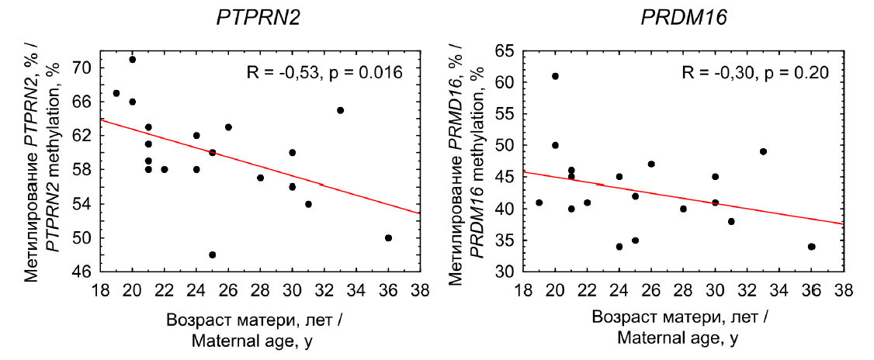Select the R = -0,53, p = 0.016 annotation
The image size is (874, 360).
point(324,74)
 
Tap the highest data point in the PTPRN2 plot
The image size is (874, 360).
point(133,59)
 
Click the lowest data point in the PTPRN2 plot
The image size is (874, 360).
point(213,254)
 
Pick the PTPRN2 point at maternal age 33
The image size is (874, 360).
point(340,110)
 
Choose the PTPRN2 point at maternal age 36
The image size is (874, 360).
point(388,237)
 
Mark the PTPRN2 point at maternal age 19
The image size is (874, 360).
point(116,93)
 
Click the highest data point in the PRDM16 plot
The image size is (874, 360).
point(555,76)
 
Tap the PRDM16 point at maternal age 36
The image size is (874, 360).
point(811,247)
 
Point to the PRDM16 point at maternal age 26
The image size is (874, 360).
point(651,164)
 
